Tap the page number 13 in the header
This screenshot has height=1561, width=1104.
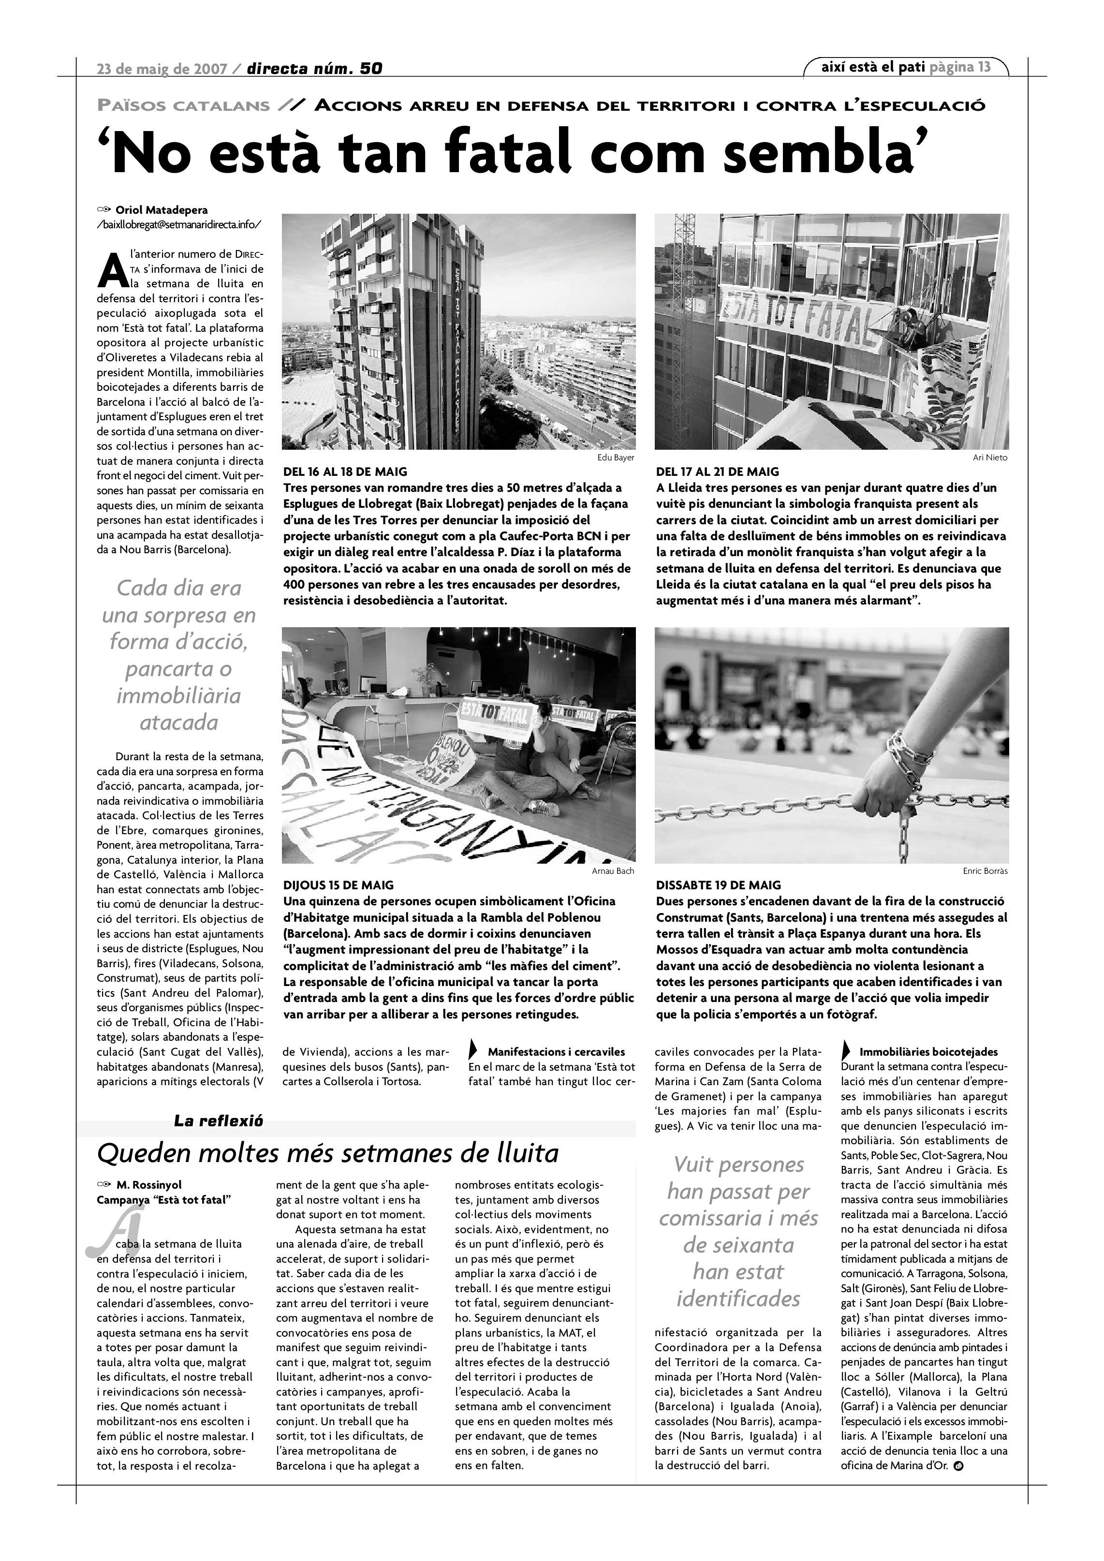(x=984, y=67)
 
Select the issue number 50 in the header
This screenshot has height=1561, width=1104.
(x=371, y=68)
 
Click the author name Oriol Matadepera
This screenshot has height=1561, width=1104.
(x=162, y=210)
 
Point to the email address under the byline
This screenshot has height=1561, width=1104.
(x=179, y=224)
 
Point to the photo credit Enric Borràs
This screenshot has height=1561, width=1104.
(x=985, y=871)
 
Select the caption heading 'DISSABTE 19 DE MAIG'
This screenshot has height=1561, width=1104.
(x=719, y=885)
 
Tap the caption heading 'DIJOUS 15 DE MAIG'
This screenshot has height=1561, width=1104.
(x=338, y=885)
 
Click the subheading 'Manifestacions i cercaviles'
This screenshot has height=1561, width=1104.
(x=556, y=1052)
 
